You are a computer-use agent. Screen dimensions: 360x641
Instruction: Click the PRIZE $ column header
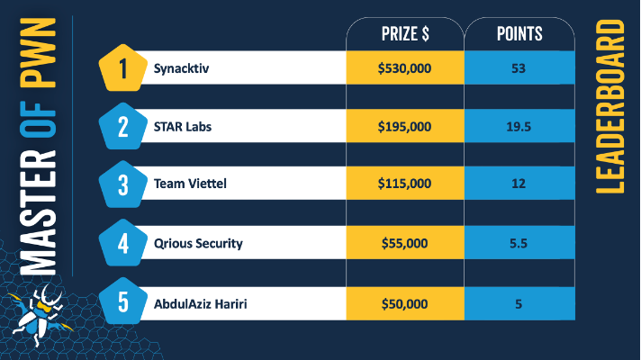(404, 34)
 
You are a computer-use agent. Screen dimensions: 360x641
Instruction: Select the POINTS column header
(519, 34)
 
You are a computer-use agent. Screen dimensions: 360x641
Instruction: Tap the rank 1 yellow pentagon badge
(123, 68)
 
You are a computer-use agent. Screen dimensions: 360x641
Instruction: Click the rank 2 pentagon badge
(123, 127)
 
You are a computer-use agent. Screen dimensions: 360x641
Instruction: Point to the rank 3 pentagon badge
(123, 184)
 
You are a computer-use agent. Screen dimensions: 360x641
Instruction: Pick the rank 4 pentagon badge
(123, 243)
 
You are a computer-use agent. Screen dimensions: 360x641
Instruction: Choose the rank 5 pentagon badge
(123, 301)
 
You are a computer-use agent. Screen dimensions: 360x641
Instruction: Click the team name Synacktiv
(179, 68)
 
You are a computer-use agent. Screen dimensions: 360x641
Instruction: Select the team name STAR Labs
(183, 127)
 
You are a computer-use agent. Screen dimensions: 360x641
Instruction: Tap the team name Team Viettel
(190, 184)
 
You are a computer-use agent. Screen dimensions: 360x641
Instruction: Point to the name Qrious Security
(198, 243)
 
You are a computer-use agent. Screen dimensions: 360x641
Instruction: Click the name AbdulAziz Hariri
(200, 303)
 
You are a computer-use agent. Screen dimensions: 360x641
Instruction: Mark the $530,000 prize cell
(404, 68)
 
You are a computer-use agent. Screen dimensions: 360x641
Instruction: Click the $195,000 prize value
(404, 127)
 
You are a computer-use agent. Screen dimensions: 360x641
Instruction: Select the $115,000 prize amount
(404, 184)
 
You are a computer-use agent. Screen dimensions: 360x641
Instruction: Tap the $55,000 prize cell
(404, 243)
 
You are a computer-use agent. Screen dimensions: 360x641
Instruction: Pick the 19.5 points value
(519, 127)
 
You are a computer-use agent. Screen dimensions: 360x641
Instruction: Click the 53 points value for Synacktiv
(519, 68)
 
